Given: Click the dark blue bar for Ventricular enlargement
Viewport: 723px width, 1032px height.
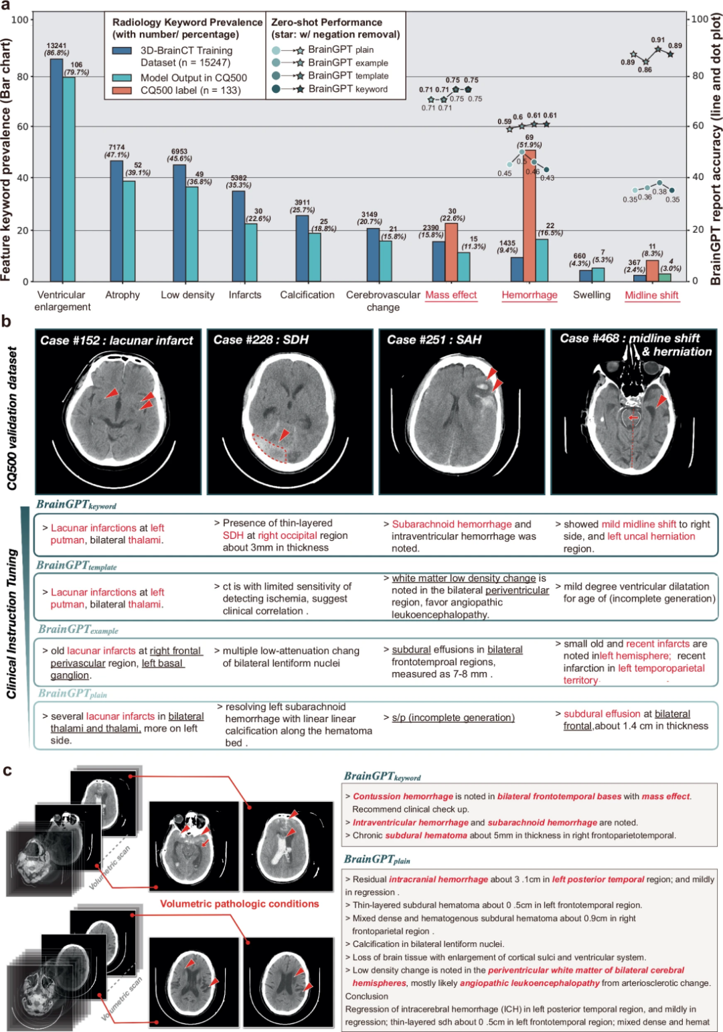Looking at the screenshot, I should (57, 171).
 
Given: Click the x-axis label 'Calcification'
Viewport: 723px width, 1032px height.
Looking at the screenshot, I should (307, 294).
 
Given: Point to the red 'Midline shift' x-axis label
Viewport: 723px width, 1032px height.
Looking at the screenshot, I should (651, 295).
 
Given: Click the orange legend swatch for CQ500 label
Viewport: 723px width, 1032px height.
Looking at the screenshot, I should (122, 90).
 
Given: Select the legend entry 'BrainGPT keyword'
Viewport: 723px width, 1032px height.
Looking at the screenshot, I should (347, 89).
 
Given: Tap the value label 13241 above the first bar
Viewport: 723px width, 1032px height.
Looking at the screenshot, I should (56, 46).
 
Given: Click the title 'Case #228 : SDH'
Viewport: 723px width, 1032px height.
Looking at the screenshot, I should (260, 340).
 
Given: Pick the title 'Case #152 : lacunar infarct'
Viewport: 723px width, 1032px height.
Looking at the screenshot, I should (116, 340).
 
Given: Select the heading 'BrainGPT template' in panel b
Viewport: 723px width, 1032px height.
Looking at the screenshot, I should (76, 566).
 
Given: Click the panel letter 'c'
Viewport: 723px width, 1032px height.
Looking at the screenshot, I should (7, 770).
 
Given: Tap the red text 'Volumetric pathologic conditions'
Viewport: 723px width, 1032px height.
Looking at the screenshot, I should (240, 904).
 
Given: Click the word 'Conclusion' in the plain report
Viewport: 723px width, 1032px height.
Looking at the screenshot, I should (366, 996).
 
